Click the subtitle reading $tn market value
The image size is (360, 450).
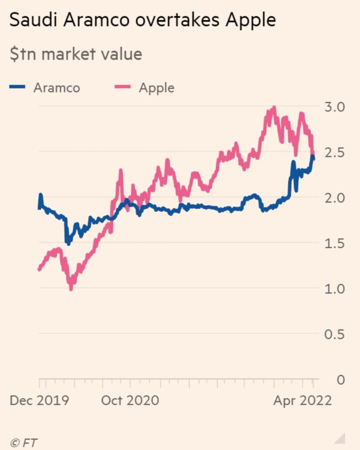pyautogui.click(x=76, y=54)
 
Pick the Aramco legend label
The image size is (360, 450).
pyautogui.click(x=56, y=87)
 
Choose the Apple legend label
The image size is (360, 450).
pyautogui.click(x=156, y=88)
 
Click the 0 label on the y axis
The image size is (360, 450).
pyautogui.click(x=340, y=380)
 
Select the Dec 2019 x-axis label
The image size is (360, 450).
pyautogui.click(x=39, y=400)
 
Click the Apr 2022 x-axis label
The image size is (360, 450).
pyautogui.click(x=302, y=400)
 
